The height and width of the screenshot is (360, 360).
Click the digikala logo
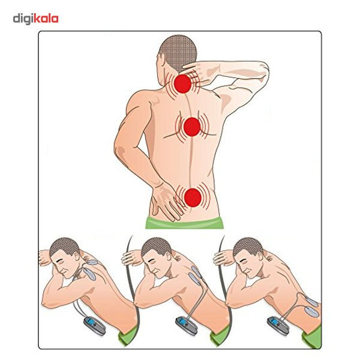click(35, 19)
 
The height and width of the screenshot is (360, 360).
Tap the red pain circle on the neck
click(182, 84)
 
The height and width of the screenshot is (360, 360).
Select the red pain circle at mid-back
click(192, 127)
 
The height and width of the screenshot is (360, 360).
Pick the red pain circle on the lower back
click(193, 197)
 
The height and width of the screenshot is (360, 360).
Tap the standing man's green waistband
click(184, 222)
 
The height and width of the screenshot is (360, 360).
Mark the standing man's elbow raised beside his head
click(263, 69)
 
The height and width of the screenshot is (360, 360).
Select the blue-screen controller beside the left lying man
click(94, 326)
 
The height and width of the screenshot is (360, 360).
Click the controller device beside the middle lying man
click(187, 326)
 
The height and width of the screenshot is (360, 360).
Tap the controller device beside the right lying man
click(278, 326)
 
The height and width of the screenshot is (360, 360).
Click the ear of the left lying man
click(77, 257)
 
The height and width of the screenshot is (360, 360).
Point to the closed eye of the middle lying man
click(152, 262)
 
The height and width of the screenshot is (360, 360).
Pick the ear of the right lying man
click(260, 257)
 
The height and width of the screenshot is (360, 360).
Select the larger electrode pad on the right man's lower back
click(312, 311)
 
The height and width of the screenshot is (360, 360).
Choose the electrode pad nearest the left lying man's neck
click(93, 262)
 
